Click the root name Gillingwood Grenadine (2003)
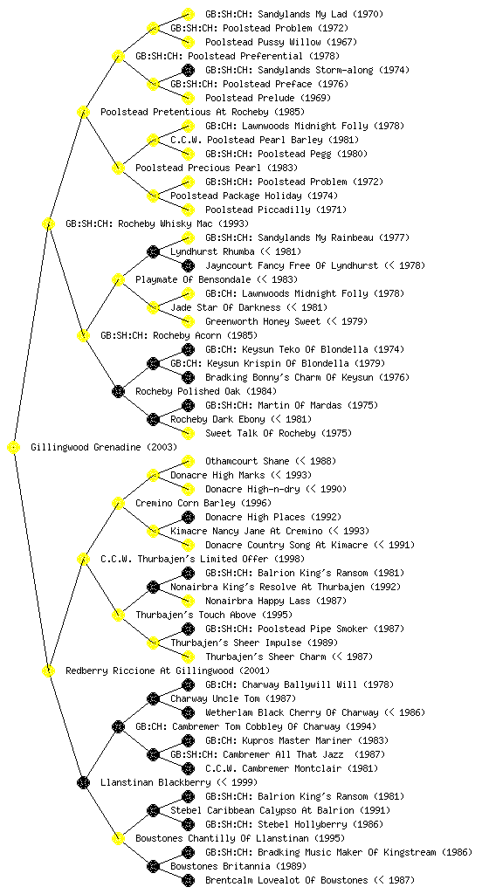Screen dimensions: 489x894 click(104, 447)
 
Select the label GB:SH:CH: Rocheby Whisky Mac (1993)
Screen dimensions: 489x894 click(157, 223)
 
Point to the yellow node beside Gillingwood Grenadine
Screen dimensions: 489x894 click(14, 447)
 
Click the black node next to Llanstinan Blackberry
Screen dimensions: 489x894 click(83, 782)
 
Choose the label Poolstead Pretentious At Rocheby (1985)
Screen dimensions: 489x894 click(203, 112)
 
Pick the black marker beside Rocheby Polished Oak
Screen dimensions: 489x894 click(118, 391)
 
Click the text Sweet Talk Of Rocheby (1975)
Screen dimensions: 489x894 click(279, 433)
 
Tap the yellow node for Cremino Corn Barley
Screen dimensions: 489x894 click(118, 503)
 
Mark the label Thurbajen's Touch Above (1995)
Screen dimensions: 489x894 click(214, 615)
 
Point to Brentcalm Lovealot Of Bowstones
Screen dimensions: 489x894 click(286, 880)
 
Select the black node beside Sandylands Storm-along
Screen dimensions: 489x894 click(188, 70)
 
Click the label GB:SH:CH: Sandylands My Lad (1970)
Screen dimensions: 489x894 click(294, 14)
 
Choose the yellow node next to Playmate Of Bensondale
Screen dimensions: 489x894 click(118, 279)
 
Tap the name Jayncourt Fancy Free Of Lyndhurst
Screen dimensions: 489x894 click(292, 265)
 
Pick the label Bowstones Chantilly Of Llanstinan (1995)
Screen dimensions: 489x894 click(240, 838)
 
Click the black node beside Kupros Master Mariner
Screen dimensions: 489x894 click(188, 740)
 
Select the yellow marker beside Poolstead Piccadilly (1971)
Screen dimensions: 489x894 click(188, 210)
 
